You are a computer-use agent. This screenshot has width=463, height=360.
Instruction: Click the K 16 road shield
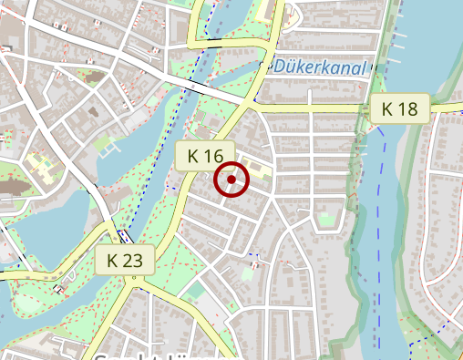tap(205, 156)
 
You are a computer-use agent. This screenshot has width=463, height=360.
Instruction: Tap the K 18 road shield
tap(399, 109)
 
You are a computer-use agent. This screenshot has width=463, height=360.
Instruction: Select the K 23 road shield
tap(125, 262)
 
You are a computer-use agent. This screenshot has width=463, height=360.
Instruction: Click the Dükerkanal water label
tap(318, 67)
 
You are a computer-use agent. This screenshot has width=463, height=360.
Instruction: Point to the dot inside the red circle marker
tap(231, 180)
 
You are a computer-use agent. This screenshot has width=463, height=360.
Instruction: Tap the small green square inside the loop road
tap(325, 220)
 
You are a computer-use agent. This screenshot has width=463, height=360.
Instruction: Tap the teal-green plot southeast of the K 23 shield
tap(194, 292)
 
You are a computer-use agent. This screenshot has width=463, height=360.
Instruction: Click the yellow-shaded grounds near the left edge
tap(41, 166)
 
